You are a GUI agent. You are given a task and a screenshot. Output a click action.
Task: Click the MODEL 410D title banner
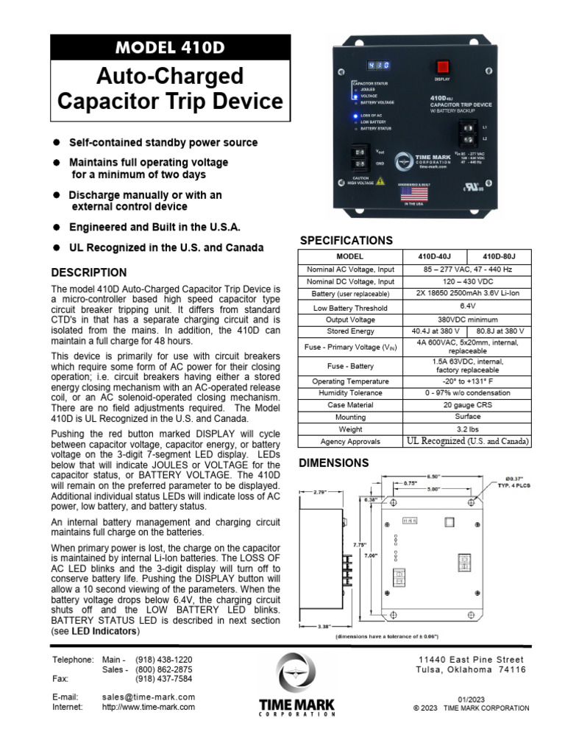(170, 48)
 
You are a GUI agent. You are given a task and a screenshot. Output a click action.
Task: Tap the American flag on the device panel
(413, 194)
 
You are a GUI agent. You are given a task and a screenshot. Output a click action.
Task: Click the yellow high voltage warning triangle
(380, 181)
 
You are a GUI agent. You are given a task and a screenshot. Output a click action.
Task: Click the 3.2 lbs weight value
(468, 429)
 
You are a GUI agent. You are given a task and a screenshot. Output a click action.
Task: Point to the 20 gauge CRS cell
(468, 405)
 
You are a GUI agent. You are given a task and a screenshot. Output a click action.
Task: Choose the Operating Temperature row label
(350, 381)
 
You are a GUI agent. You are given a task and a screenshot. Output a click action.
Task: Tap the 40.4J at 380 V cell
(438, 331)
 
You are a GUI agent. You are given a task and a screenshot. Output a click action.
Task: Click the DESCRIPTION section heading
(88, 272)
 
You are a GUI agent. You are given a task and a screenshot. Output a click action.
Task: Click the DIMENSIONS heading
(333, 463)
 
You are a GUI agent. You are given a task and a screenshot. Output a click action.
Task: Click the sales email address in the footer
(149, 697)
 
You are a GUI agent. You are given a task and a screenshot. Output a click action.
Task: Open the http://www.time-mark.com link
(149, 707)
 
